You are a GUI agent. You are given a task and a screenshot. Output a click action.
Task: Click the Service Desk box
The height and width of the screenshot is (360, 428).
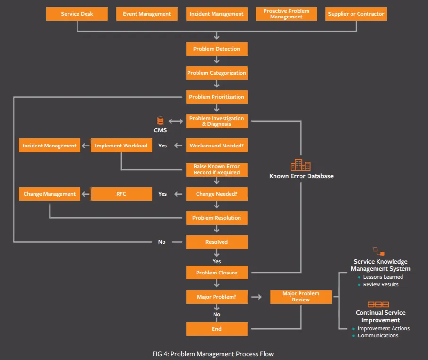(x=77, y=14)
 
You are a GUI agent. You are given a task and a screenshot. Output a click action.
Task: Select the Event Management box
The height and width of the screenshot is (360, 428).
(x=147, y=14)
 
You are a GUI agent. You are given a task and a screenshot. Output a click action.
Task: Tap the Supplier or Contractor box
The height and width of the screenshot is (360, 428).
(x=356, y=14)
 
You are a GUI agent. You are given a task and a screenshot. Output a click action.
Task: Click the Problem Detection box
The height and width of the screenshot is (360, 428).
(x=217, y=49)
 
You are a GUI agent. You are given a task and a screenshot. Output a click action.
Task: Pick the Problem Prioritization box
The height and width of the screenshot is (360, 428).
(x=217, y=97)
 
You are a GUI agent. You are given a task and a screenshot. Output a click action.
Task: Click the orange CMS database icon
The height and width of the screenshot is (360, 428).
(x=161, y=120)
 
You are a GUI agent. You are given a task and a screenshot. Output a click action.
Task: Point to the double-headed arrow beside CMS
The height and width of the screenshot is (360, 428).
(x=176, y=121)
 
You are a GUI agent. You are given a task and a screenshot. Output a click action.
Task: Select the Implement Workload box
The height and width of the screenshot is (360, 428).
(x=121, y=145)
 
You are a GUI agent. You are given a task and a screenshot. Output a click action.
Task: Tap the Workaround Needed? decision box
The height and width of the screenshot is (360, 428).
(x=217, y=145)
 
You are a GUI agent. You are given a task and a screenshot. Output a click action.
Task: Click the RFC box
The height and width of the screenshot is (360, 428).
(x=121, y=194)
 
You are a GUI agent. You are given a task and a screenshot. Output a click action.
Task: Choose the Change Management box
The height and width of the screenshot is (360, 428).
(x=50, y=194)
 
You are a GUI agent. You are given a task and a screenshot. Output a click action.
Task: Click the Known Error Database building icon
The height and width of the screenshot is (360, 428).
(x=301, y=164)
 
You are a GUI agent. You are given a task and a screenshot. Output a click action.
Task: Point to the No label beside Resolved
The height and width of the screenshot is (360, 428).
(x=162, y=242)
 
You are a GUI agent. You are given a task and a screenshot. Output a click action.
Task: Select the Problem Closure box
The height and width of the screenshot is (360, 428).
(x=217, y=273)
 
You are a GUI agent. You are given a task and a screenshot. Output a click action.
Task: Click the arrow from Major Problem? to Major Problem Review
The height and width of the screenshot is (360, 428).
(x=257, y=297)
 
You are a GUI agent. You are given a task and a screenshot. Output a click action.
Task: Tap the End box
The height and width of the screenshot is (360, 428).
(x=217, y=329)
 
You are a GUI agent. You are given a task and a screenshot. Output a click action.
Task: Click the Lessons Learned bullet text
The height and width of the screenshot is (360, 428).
(x=383, y=277)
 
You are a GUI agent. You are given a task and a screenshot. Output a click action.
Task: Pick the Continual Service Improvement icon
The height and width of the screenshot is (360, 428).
(x=378, y=304)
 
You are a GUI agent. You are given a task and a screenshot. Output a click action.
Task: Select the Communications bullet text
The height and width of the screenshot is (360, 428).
(x=378, y=335)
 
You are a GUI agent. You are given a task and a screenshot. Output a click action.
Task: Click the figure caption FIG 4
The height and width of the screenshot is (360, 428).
(x=213, y=354)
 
